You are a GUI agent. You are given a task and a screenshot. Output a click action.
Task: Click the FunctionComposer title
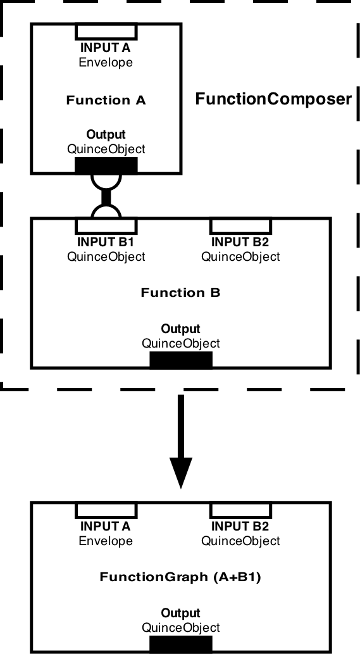coord(273,99)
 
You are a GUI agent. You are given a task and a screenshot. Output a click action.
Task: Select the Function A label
coord(106,100)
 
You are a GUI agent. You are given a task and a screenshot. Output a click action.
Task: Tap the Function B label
coord(180,292)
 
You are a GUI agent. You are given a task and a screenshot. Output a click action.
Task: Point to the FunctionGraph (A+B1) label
coord(180,577)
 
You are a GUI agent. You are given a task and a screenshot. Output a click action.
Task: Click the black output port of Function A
coord(106,166)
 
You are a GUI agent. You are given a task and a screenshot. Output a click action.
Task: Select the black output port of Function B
coord(181,360)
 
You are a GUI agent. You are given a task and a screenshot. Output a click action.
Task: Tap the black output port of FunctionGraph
coord(181,645)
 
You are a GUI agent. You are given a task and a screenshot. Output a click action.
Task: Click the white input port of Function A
coord(106,31)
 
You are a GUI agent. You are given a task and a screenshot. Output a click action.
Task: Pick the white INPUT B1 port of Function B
coord(106,225)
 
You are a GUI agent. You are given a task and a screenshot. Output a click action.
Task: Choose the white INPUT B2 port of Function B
coord(240,225)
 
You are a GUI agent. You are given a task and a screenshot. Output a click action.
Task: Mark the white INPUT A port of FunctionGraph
coord(106,510)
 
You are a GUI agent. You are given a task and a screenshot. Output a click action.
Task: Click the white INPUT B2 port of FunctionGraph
coord(240,510)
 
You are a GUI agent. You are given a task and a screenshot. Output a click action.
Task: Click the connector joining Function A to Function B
coord(106,196)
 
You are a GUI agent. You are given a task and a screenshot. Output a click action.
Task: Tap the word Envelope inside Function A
coord(106,63)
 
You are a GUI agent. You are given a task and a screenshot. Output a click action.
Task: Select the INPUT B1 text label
coord(106,242)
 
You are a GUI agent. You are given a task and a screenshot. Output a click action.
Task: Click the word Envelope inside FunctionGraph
coord(106,541)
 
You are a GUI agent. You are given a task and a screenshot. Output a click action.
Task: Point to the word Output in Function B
coord(180,329)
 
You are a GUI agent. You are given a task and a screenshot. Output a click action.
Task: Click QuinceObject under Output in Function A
coord(106,149)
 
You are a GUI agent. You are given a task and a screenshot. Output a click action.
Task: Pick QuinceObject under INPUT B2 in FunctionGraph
coord(240,541)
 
